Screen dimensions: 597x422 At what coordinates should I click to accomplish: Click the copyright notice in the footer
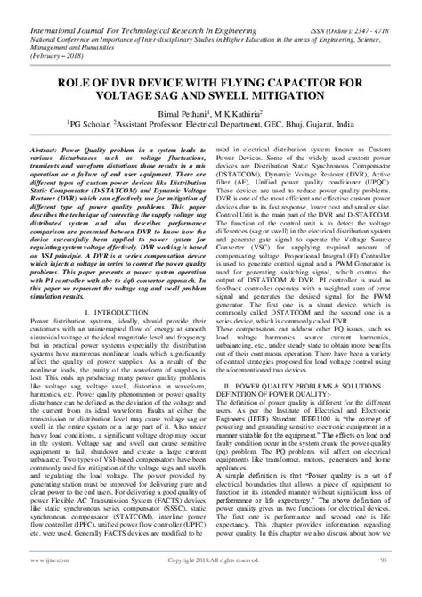tap(211, 587)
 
